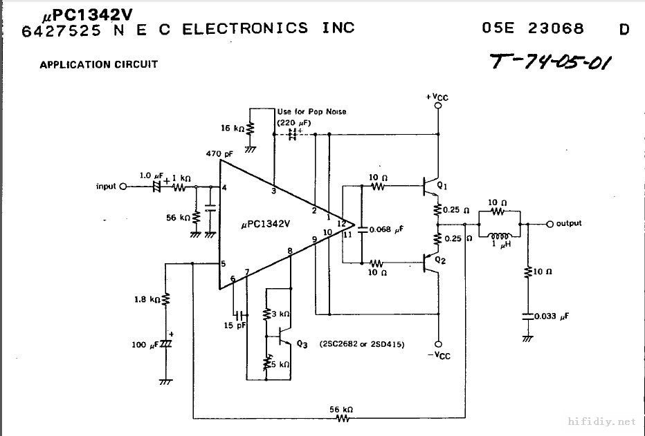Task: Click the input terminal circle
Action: (x=123, y=187)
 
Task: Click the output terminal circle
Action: (x=550, y=224)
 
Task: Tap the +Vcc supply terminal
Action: (x=437, y=106)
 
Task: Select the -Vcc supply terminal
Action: (x=437, y=343)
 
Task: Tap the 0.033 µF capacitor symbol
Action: (x=528, y=316)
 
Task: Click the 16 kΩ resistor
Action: (x=251, y=129)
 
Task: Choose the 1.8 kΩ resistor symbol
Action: (x=165, y=300)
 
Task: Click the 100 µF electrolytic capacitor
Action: (x=165, y=343)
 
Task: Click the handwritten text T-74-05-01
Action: (x=551, y=62)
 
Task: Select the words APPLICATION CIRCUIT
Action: (x=98, y=64)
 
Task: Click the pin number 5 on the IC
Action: (x=223, y=264)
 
